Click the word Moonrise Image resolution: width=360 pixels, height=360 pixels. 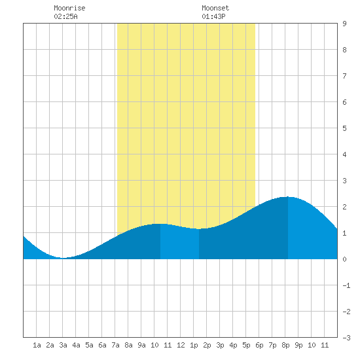pyautogui.click(x=69, y=8)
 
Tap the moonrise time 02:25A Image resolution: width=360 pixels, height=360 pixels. pyautogui.click(x=65, y=16)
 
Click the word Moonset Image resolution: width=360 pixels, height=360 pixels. pyautogui.click(x=215, y=8)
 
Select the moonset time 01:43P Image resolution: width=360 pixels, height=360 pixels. pyautogui.click(x=213, y=16)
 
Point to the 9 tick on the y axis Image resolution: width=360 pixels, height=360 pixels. pyautogui.click(x=344, y=24)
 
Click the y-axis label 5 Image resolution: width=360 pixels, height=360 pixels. pyautogui.click(x=344, y=128)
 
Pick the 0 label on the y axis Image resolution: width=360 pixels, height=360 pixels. pyautogui.click(x=344, y=259)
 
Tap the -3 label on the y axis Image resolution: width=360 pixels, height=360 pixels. pyautogui.click(x=346, y=338)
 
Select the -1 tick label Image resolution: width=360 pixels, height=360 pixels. pyautogui.click(x=346, y=285)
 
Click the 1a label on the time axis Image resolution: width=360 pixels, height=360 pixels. pyautogui.click(x=37, y=345)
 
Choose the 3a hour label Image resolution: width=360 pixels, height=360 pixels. pyautogui.click(x=63, y=345)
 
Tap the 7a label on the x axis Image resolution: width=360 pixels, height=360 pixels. pyautogui.click(x=115, y=345)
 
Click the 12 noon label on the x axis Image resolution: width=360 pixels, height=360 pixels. pyautogui.click(x=181, y=345)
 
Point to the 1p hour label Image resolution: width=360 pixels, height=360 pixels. pyautogui.click(x=194, y=345)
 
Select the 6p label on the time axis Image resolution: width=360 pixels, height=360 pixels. pyautogui.click(x=259, y=345)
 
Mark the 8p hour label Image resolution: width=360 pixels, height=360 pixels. pyautogui.click(x=285, y=345)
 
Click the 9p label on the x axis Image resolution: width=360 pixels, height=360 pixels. pyautogui.click(x=298, y=345)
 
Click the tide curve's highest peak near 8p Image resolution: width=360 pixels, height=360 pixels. pyautogui.click(x=287, y=197)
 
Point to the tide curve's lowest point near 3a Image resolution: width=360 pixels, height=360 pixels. pyautogui.click(x=63, y=258)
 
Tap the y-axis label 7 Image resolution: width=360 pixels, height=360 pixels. pyautogui.click(x=344, y=76)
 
